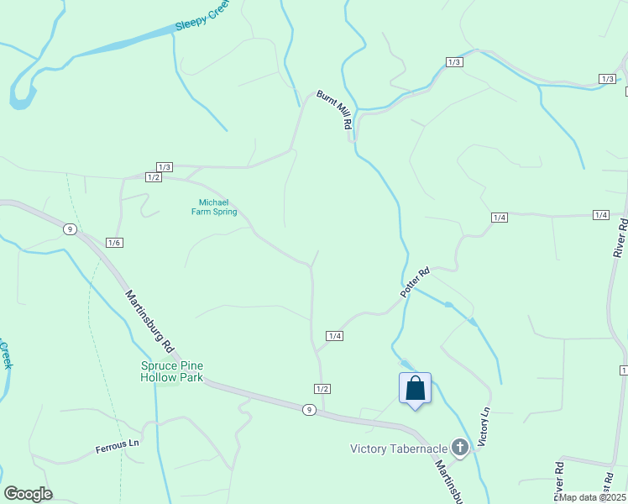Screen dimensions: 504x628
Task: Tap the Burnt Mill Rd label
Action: [334, 109]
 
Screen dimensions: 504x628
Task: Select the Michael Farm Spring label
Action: [214, 207]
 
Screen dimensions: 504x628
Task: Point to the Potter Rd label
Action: [415, 281]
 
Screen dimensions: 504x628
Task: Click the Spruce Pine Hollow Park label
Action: [171, 371]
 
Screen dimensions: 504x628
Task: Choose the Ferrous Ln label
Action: [117, 444]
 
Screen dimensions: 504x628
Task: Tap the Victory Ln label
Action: [483, 428]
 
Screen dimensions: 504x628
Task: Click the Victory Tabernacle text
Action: [398, 449]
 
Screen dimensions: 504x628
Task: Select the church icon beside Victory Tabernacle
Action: [459, 448]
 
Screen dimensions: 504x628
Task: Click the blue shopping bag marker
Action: [415, 389]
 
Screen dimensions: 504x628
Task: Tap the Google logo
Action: [28, 494]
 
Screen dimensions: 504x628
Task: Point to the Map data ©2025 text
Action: [593, 497]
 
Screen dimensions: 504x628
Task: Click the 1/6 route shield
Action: [115, 243]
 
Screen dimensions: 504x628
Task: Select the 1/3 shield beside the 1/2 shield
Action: [165, 167]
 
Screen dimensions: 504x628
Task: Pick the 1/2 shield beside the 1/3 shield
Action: [153, 177]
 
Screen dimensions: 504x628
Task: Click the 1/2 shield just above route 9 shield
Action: [322, 388]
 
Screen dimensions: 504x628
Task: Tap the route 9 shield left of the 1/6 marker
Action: [70, 228]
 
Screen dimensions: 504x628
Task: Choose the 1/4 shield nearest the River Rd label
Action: [600, 216]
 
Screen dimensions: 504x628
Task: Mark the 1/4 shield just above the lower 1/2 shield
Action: [334, 336]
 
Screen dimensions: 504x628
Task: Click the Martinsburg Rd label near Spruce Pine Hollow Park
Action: [149, 322]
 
